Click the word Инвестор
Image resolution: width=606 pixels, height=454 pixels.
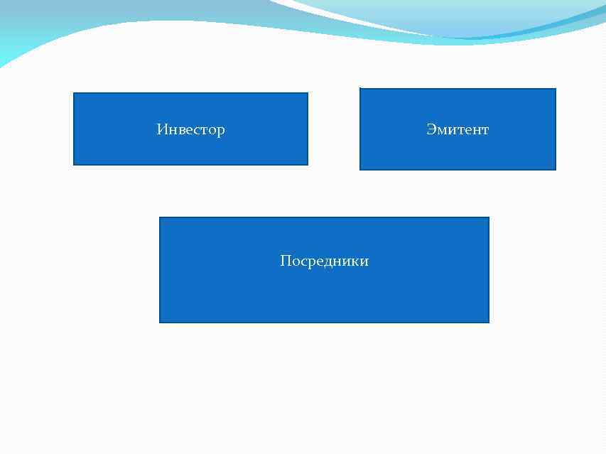190,129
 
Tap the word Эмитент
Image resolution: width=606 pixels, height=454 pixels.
458,129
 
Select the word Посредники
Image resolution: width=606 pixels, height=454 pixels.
324,261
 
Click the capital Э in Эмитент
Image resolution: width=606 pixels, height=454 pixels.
431,129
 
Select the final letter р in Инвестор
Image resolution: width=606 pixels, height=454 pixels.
221,131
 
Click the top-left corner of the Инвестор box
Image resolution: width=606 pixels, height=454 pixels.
74,93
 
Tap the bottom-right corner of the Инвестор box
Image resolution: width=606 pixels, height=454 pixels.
308,165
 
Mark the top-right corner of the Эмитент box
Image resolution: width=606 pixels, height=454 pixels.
556,89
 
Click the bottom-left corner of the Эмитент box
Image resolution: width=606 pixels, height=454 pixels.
360,170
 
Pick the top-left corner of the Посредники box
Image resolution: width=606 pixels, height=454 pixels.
160,217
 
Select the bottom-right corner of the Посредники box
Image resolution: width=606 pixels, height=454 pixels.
489,323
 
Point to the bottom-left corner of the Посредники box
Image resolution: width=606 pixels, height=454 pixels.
160,323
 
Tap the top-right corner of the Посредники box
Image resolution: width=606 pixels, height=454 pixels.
489,217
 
